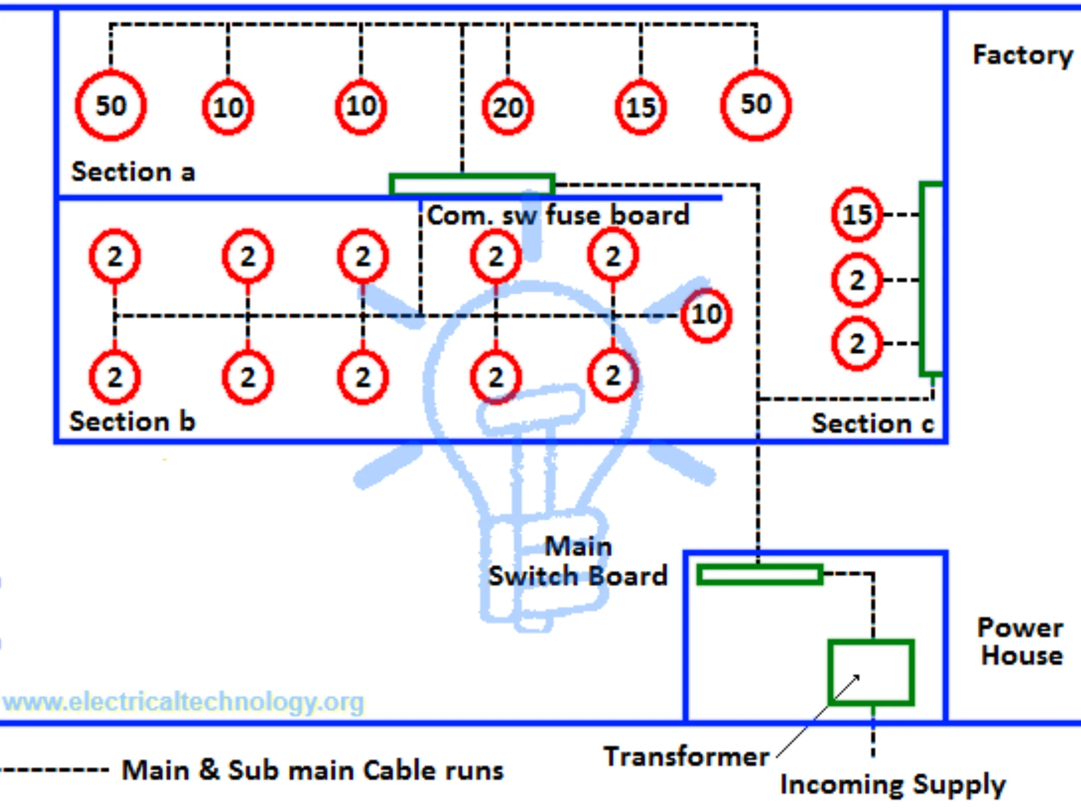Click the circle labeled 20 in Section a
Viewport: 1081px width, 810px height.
[x=508, y=107]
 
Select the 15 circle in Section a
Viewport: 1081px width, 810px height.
[x=641, y=107]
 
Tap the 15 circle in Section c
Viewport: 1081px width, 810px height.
[x=857, y=214]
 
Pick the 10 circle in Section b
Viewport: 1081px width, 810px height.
[x=707, y=314]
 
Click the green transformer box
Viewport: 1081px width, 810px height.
[x=871, y=672]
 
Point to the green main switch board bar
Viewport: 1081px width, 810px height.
[x=759, y=575]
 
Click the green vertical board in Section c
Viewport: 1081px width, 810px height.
[x=931, y=279]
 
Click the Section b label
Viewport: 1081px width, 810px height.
[x=132, y=421]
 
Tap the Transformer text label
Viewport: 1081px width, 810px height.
[x=687, y=757]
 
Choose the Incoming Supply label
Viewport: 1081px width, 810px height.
[x=893, y=785]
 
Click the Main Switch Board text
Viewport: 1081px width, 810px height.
[x=578, y=562]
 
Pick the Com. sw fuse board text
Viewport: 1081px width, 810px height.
[x=558, y=215]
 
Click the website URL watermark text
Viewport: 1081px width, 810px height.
[x=184, y=702]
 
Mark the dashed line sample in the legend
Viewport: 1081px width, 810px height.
[x=54, y=770]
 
